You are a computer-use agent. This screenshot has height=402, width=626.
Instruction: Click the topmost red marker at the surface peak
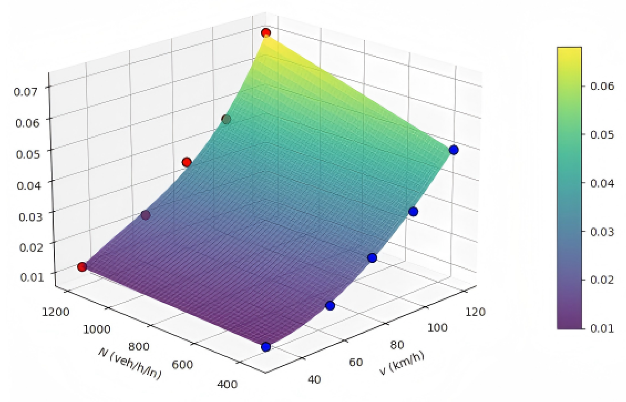(x=266, y=33)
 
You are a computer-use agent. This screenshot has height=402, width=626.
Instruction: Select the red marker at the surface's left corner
(x=82, y=267)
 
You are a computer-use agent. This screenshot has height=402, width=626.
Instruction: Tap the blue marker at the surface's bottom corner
(x=266, y=347)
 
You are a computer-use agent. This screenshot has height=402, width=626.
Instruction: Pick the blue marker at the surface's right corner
(x=453, y=150)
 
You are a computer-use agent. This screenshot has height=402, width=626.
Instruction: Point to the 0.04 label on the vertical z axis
(x=29, y=185)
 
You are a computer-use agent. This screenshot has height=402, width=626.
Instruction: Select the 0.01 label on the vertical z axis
(x=32, y=277)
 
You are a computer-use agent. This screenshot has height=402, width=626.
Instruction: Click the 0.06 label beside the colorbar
(x=602, y=86)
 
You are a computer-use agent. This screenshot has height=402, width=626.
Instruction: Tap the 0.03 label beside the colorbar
(x=602, y=232)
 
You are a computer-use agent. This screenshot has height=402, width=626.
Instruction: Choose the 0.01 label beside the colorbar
(x=602, y=328)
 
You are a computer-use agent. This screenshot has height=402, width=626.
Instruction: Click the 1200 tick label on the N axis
(x=56, y=312)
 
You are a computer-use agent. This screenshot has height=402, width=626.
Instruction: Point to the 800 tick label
(x=139, y=346)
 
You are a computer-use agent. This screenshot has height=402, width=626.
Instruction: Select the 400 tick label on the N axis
(x=227, y=384)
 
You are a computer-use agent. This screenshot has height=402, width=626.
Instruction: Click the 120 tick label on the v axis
(x=475, y=312)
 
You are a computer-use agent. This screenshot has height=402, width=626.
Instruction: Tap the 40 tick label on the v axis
(x=314, y=380)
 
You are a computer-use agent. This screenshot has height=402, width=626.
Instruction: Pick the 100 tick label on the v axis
(x=437, y=327)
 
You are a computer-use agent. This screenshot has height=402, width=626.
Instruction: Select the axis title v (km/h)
(x=402, y=362)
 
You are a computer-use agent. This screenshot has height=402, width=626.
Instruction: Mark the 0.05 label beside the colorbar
(x=602, y=135)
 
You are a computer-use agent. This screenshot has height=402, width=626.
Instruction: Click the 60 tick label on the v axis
(x=356, y=362)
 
